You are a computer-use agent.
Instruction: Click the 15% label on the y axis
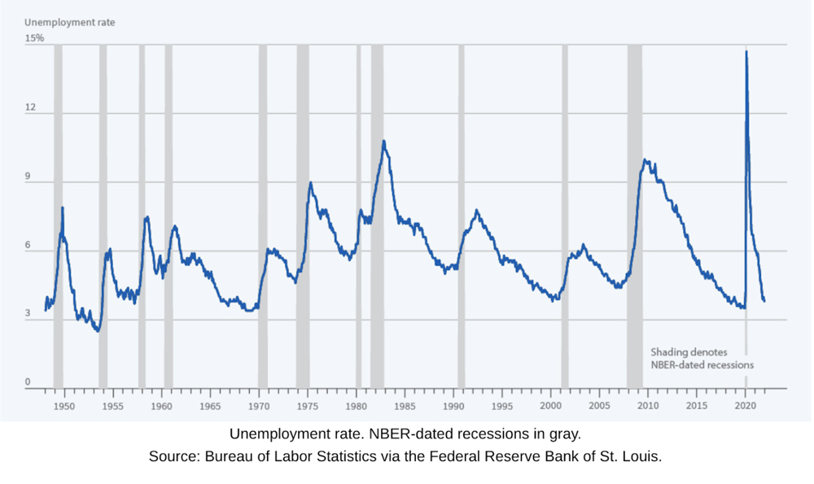pos(33,38)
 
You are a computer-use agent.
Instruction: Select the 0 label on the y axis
pos(28,382)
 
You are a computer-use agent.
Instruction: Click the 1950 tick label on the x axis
pos(64,405)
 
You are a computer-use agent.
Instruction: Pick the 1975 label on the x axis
pos(307,405)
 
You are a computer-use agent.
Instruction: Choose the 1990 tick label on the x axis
pos(453,405)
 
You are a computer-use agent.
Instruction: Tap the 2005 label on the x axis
pos(599,405)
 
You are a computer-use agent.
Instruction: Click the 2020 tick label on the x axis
pos(746,405)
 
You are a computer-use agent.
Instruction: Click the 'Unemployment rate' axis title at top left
pos(68,23)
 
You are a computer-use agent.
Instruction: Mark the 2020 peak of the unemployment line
pos(746,52)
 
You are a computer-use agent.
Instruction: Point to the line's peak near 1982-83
pos(383,142)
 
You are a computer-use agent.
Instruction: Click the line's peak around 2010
pos(645,160)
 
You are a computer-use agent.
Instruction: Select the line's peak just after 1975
pos(310,183)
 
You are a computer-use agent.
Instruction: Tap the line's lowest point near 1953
pos(98,331)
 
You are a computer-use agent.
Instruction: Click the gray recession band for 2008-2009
pos(634,216)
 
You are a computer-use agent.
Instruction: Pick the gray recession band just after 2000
pos(565,216)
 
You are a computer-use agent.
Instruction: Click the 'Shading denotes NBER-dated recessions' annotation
pos(702,359)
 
